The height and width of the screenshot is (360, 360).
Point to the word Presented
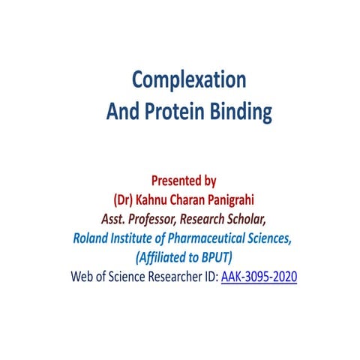coord(177,181)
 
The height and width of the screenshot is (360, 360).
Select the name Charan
coord(194,200)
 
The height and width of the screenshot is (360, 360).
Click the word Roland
coord(92,239)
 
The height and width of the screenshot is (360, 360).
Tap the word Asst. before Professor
coord(116,220)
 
